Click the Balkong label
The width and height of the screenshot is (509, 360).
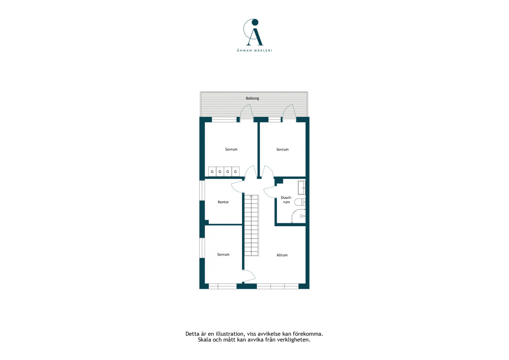click(x=252, y=98)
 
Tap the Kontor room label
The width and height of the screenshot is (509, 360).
click(x=223, y=202)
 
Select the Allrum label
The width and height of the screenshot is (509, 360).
click(x=282, y=255)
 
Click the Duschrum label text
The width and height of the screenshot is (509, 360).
click(x=286, y=199)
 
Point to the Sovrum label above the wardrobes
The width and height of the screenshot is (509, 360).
click(x=231, y=149)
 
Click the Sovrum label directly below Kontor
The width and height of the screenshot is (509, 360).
click(x=223, y=255)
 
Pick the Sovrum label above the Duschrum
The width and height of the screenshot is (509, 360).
click(x=282, y=149)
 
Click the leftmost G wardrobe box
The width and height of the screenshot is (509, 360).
click(x=212, y=171)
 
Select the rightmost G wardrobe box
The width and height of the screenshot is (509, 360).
click(x=236, y=171)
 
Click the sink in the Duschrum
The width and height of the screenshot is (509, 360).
click(x=302, y=187)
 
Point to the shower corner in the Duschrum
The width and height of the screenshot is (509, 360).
click(x=299, y=216)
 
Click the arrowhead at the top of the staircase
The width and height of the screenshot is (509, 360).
click(x=251, y=196)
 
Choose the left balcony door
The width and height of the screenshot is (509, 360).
click(x=247, y=112)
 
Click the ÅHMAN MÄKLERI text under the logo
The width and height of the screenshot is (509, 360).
click(x=254, y=50)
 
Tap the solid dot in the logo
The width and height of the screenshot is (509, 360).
click(x=255, y=22)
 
